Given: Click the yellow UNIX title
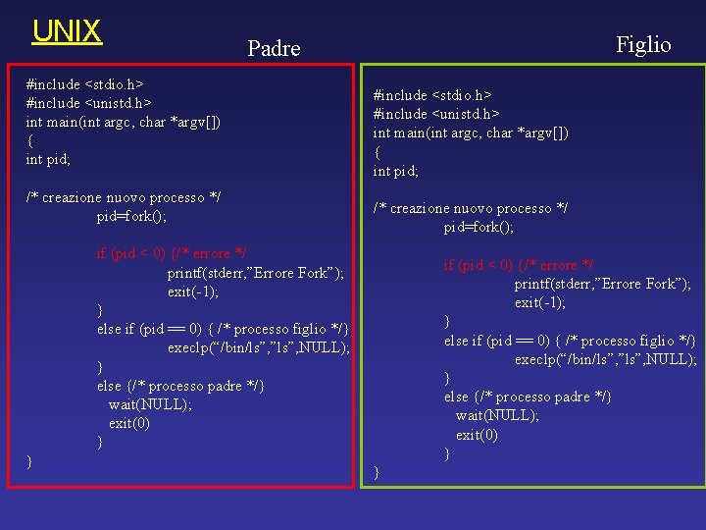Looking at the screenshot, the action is coord(67,31).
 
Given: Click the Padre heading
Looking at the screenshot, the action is coord(274,48).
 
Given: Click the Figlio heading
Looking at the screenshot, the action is coord(643,43).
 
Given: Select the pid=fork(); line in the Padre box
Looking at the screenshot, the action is coord(131,217).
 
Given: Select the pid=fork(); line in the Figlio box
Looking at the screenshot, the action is coord(479,227).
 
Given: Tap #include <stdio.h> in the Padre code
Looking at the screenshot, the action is coord(86,84).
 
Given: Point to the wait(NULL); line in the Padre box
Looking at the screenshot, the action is coord(150,404).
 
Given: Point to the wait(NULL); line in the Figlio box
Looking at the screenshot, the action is coord(497,415).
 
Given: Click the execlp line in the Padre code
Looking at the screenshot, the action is coord(258,347).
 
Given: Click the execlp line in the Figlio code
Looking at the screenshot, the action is coord(605,359).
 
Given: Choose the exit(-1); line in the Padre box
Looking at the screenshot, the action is coord(193,291).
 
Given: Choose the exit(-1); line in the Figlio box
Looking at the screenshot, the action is coord(540,302).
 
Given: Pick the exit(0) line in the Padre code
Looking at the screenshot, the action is coord(129,423).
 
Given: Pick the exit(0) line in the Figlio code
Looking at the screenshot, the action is coord(477,434).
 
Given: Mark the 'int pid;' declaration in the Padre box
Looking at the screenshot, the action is coord(48,159).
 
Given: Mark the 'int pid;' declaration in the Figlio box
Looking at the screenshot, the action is coord(395,171).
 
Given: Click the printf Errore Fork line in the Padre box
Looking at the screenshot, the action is coord(255,273).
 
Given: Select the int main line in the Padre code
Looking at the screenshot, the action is coord(123,122).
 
